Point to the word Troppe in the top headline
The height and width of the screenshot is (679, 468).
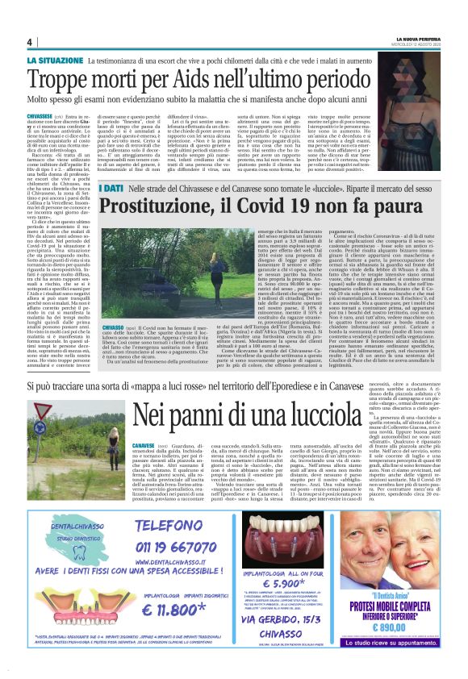(x=73, y=80)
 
